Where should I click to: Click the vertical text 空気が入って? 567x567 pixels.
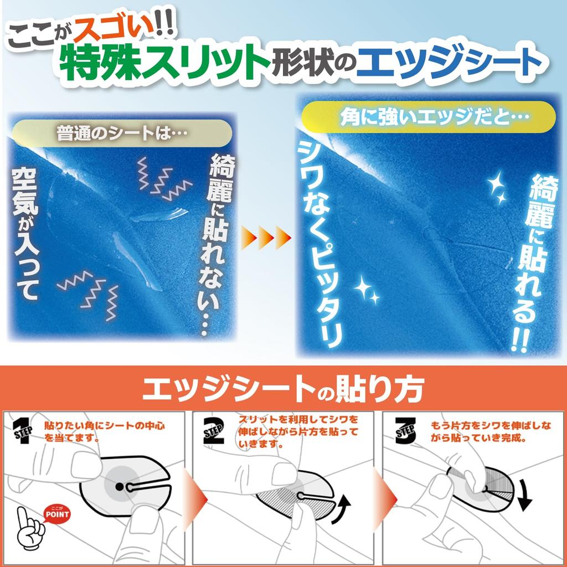pos(28,233)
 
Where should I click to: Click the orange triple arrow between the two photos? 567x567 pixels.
pos(266,239)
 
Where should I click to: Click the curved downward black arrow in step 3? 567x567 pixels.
pos(524,494)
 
